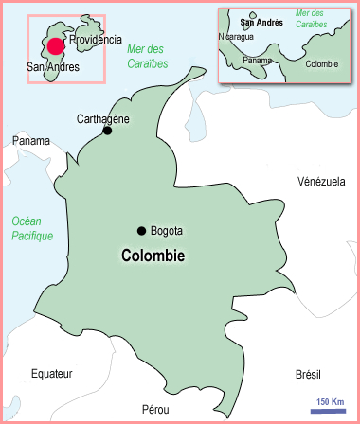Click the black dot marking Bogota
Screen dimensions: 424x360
pyautogui.click(x=141, y=231)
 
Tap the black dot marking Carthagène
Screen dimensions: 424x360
pyautogui.click(x=107, y=131)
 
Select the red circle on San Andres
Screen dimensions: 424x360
pyautogui.click(x=56, y=46)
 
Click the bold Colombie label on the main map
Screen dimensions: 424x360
pyautogui.click(x=153, y=255)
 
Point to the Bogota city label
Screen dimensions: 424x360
pyautogui.click(x=166, y=231)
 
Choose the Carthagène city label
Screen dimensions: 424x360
pyautogui.click(x=102, y=118)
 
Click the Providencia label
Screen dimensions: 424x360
pyautogui.click(x=96, y=40)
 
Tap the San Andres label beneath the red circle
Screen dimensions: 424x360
pyautogui.click(x=54, y=67)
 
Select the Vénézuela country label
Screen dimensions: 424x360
pyautogui.click(x=321, y=181)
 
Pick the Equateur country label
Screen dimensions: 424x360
pyautogui.click(x=51, y=373)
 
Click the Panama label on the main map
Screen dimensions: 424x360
pyautogui.click(x=31, y=141)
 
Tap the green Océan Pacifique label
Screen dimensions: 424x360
pyautogui.click(x=32, y=228)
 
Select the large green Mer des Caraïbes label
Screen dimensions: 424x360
pyautogui.click(x=147, y=57)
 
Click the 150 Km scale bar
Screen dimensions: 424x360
pyautogui.click(x=329, y=410)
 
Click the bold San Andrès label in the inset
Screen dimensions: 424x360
pyautogui.click(x=261, y=21)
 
